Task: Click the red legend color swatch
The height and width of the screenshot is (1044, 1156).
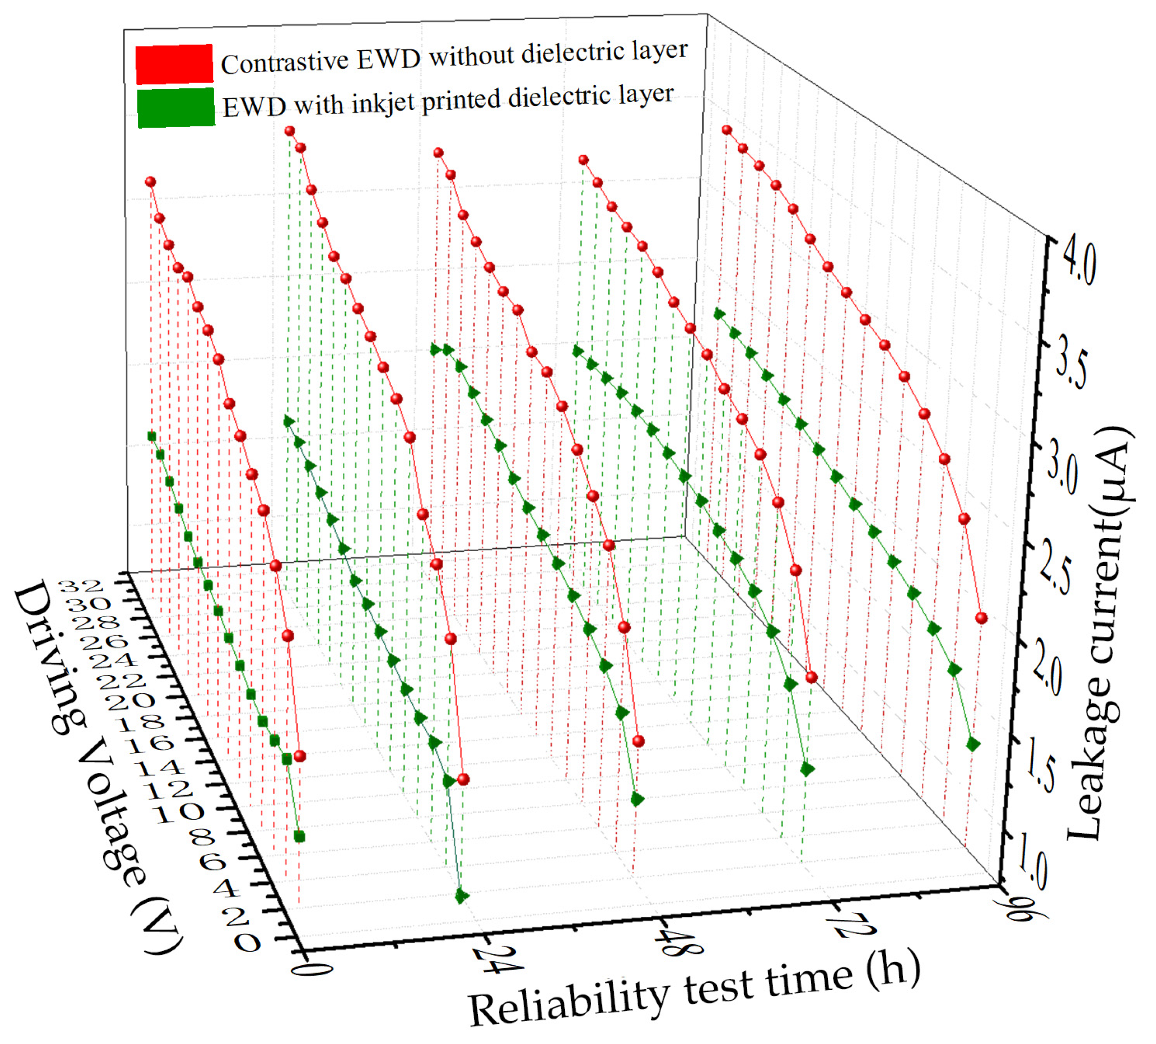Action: click(174, 64)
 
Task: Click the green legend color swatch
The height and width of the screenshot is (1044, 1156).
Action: click(176, 107)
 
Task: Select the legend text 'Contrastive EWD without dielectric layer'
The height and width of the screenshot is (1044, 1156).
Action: click(454, 57)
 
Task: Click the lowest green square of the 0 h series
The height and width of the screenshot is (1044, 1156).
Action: click(299, 837)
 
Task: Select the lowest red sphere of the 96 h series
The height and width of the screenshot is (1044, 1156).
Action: click(982, 618)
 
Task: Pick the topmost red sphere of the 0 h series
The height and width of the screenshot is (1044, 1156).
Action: click(150, 182)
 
